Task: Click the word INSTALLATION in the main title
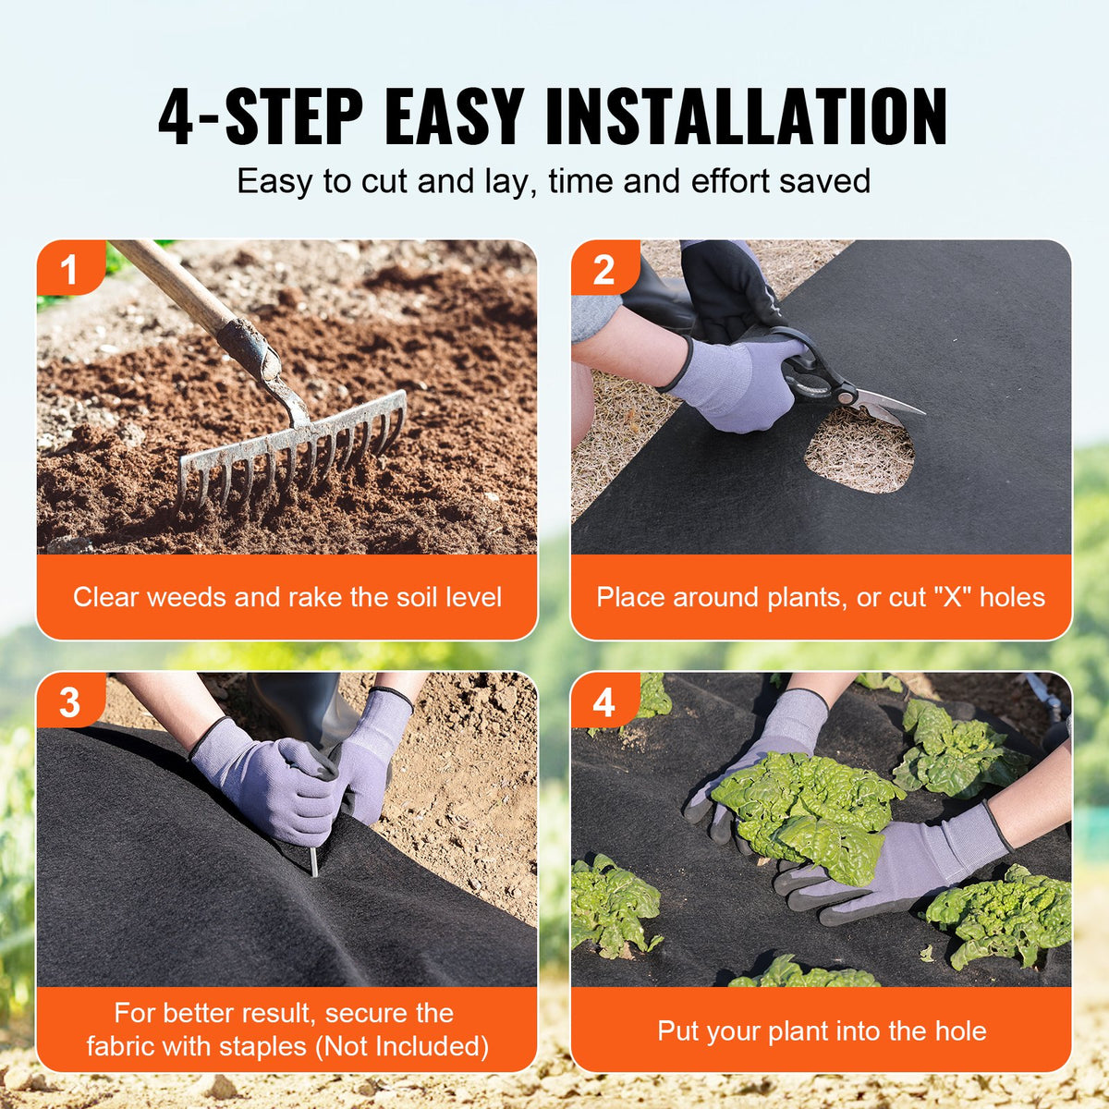pos(747,117)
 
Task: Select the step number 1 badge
pos(68,270)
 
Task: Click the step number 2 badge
pos(603,270)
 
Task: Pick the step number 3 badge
pos(69,702)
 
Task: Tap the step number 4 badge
pos(603,702)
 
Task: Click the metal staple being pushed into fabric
pos(313,860)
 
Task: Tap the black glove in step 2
pos(730,286)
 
